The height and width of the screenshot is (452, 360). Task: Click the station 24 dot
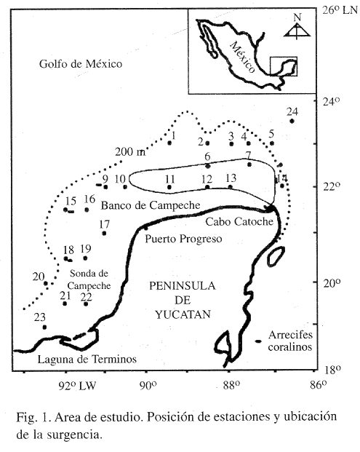click(x=292, y=121)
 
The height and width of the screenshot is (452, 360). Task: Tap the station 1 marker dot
click(x=169, y=143)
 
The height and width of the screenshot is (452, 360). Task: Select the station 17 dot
click(x=104, y=233)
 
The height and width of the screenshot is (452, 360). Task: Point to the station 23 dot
click(x=44, y=328)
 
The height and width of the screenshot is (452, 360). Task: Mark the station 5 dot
click(x=272, y=143)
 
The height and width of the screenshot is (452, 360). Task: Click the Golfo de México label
click(x=81, y=64)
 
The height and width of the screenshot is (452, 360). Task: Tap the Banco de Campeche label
click(x=151, y=205)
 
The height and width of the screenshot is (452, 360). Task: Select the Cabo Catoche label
click(x=239, y=222)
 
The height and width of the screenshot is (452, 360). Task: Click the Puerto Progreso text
click(x=183, y=239)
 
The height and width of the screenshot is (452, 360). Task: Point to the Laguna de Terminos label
click(x=87, y=359)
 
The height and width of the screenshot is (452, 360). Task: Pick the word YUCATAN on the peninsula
click(x=183, y=314)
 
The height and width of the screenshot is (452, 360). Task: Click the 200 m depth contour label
click(x=130, y=152)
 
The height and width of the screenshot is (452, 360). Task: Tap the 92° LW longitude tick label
click(x=77, y=386)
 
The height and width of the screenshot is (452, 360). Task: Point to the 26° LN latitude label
click(x=340, y=11)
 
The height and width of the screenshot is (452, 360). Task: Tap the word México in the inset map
click(x=242, y=58)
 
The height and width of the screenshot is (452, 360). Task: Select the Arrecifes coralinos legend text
click(x=290, y=341)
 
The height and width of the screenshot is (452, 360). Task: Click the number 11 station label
click(x=170, y=179)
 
